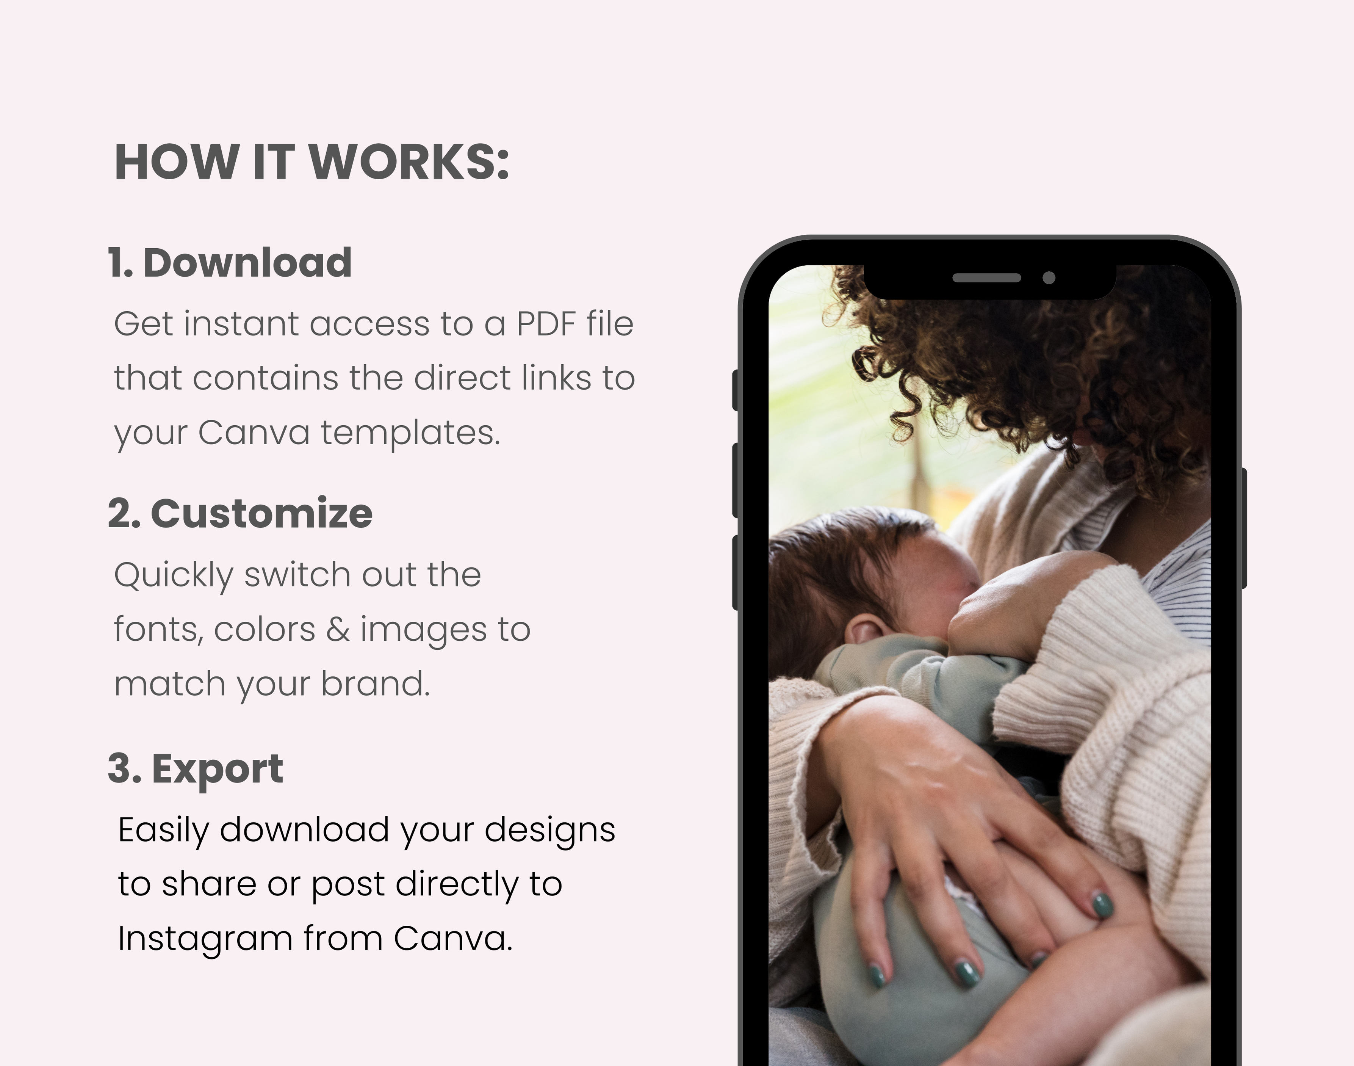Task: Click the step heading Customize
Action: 261,514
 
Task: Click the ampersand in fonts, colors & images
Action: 338,629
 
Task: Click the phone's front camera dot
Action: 1049,278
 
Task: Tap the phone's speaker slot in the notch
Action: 986,278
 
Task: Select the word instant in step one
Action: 241,324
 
